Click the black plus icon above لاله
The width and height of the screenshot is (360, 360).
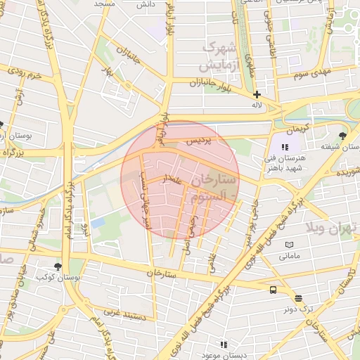(x=257, y=94)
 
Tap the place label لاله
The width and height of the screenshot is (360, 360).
(x=258, y=105)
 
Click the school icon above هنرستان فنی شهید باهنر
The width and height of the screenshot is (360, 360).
(x=284, y=147)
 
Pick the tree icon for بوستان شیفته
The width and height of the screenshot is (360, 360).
(x=342, y=136)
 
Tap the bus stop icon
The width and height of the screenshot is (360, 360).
(x=272, y=290)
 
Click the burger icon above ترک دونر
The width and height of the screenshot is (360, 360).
(x=297, y=297)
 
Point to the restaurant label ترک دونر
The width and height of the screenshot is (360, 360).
(x=297, y=309)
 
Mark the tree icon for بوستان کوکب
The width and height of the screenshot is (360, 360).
(x=58, y=266)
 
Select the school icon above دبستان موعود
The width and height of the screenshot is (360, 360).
(x=223, y=345)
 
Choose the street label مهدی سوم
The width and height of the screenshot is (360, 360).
(x=313, y=73)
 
